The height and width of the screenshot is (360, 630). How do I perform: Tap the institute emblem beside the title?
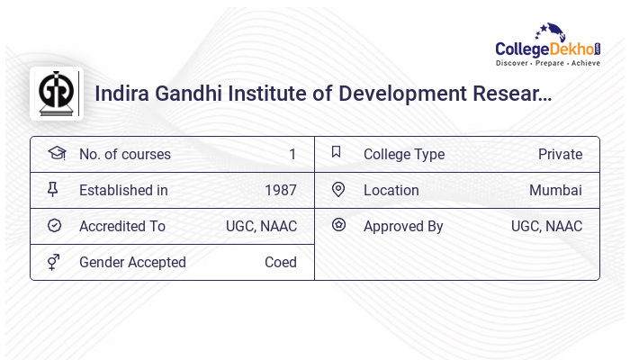[x=57, y=94]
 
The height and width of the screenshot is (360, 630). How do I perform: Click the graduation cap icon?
[x=56, y=153]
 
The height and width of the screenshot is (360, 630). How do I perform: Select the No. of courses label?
[x=124, y=155]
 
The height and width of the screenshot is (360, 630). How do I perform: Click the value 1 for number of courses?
[x=292, y=155]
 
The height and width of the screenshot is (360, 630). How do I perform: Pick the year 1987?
[x=280, y=191]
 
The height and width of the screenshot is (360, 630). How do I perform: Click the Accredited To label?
[x=122, y=227]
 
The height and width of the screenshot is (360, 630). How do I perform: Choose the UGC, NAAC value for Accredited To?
[x=261, y=227]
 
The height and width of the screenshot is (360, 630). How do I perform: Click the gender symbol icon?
[x=55, y=262]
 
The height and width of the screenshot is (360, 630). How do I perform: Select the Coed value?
[x=280, y=263]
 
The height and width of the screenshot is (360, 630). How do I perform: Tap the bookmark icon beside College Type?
[x=337, y=153]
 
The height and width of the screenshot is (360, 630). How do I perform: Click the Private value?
[x=560, y=155]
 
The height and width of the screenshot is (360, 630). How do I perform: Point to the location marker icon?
[x=338, y=190]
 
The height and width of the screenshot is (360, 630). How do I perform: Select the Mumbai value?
[x=555, y=191]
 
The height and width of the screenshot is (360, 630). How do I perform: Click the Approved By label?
[x=403, y=227]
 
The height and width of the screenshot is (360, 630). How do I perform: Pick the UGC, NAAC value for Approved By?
[x=546, y=227]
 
